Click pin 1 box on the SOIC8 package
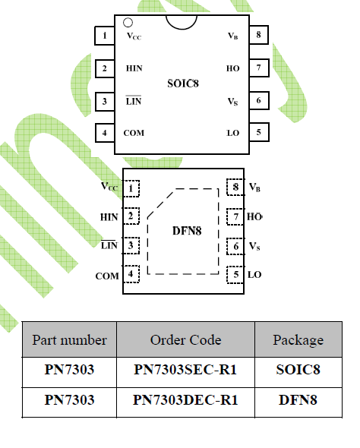point(105,36)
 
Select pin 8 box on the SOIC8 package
point(259,35)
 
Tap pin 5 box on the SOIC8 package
point(259,132)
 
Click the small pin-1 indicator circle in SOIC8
point(128,23)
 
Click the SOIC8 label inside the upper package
point(183,84)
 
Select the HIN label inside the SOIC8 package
point(134,68)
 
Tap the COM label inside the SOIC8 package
point(134,133)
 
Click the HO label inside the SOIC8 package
point(233,68)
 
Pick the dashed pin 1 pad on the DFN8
point(131,188)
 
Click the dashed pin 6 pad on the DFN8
point(235,246)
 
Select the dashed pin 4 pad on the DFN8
point(131,273)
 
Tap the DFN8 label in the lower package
point(187,231)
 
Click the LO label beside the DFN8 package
point(254,275)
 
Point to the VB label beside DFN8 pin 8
point(254,187)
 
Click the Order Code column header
point(186,339)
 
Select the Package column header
point(298,340)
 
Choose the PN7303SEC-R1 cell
point(185,370)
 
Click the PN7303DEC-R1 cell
point(185,399)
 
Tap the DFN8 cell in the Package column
point(298,399)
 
